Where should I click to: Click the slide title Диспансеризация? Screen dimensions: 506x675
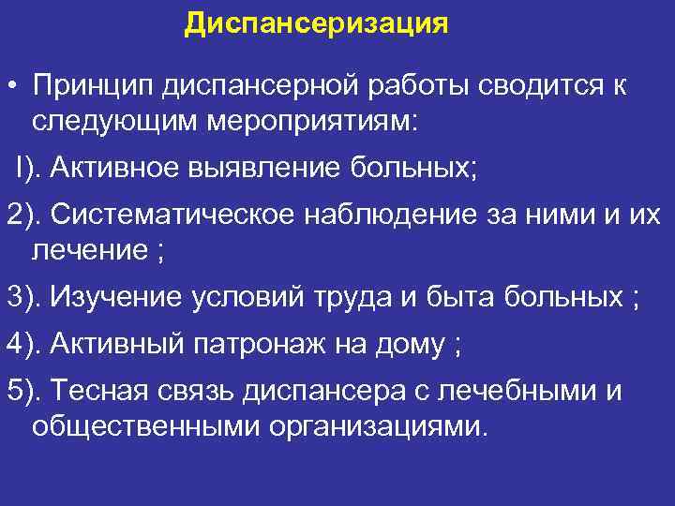click(316, 22)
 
